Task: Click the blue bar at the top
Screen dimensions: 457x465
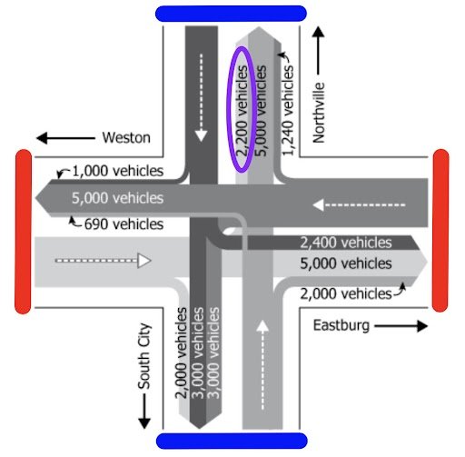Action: pos(231,13)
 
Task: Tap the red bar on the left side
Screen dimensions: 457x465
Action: pos(23,232)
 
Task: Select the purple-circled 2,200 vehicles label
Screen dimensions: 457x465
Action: pos(241,109)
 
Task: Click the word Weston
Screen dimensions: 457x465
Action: pos(126,138)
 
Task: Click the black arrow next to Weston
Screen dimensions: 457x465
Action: pos(64,138)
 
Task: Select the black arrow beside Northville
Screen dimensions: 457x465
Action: pos(319,51)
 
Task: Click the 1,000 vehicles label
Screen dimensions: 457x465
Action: pos(117,171)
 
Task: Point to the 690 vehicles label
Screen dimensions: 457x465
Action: pos(123,224)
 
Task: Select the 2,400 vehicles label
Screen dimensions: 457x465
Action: pos(345,243)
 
